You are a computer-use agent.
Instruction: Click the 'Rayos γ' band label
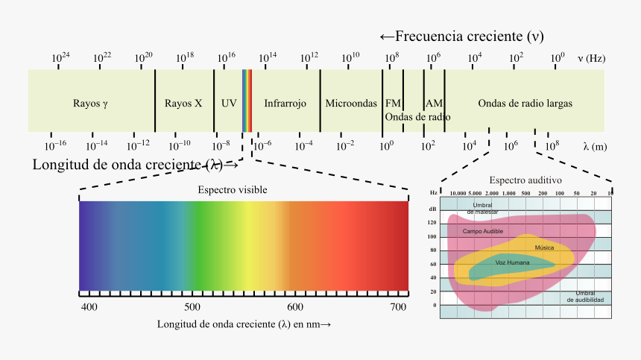tap(91, 104)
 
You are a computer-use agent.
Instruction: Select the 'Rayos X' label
tap(183, 104)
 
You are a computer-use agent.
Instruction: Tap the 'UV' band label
tap(229, 104)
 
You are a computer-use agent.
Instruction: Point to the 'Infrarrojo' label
tap(285, 104)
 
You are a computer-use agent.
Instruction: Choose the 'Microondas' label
tap(351, 104)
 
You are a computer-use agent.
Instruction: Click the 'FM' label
tap(393, 104)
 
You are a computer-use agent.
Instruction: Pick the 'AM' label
tap(434, 104)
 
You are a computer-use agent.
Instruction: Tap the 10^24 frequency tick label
tap(60, 57)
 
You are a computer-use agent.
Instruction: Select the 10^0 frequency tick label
tap(557, 57)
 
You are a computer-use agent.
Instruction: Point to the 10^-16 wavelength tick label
tap(54, 146)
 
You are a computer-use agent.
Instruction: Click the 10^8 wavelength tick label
tap(552, 146)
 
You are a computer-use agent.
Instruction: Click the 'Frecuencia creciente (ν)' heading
tap(461, 37)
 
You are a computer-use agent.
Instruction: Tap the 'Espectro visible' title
tap(232, 190)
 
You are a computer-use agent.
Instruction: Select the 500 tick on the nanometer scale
tap(192, 307)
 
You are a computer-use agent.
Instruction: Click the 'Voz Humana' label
tap(513, 263)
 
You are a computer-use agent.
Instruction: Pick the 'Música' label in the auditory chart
tap(544, 247)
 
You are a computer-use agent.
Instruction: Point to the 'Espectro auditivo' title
tap(525, 180)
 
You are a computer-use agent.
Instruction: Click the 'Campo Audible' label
tap(482, 232)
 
